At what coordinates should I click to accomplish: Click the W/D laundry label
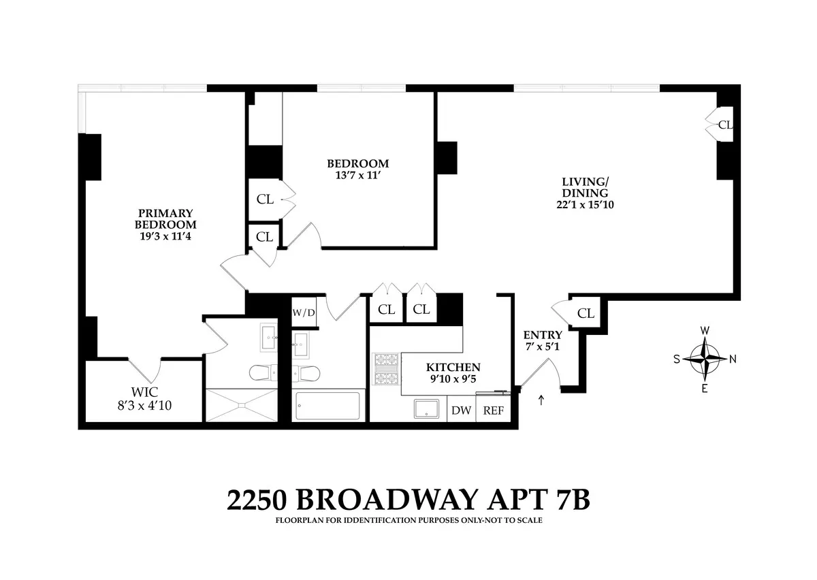(x=304, y=312)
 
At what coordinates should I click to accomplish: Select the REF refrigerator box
(x=493, y=410)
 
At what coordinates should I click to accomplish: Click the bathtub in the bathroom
(x=329, y=406)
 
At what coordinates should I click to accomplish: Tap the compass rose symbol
(x=705, y=359)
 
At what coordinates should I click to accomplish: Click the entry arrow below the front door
(x=541, y=400)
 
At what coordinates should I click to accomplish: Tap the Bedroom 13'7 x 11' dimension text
(x=357, y=175)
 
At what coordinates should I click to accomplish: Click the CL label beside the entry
(x=586, y=313)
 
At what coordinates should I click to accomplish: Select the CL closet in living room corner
(x=724, y=125)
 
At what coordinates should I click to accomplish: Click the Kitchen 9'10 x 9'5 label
(x=454, y=372)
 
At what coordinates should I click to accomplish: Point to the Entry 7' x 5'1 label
(x=543, y=340)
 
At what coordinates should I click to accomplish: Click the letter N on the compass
(x=733, y=359)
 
